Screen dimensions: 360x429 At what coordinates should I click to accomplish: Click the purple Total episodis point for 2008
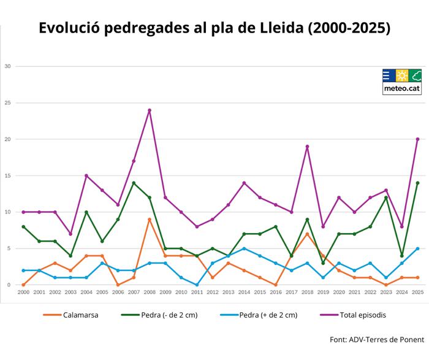[149, 110]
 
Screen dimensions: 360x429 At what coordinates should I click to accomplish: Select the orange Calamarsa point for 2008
[149, 220]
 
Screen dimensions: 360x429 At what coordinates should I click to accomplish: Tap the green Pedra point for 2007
[134, 183]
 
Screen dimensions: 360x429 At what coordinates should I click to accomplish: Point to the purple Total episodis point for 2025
[417, 139]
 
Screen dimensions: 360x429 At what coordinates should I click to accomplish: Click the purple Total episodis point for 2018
[307, 147]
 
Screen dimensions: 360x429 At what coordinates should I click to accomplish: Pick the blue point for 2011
[197, 285]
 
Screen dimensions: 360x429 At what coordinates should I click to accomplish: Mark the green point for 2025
[417, 183]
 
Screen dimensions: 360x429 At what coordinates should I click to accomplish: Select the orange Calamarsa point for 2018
[307, 234]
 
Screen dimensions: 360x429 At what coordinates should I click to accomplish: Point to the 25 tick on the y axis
[7, 103]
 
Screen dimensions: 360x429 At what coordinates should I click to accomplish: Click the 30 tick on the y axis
[7, 66]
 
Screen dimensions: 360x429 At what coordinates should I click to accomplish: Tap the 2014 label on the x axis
[244, 293]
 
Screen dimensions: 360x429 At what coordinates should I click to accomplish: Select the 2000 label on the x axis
[23, 293]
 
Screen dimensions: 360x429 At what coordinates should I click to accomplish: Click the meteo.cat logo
[402, 82]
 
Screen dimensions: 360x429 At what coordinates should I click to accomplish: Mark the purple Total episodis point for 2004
[86, 176]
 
